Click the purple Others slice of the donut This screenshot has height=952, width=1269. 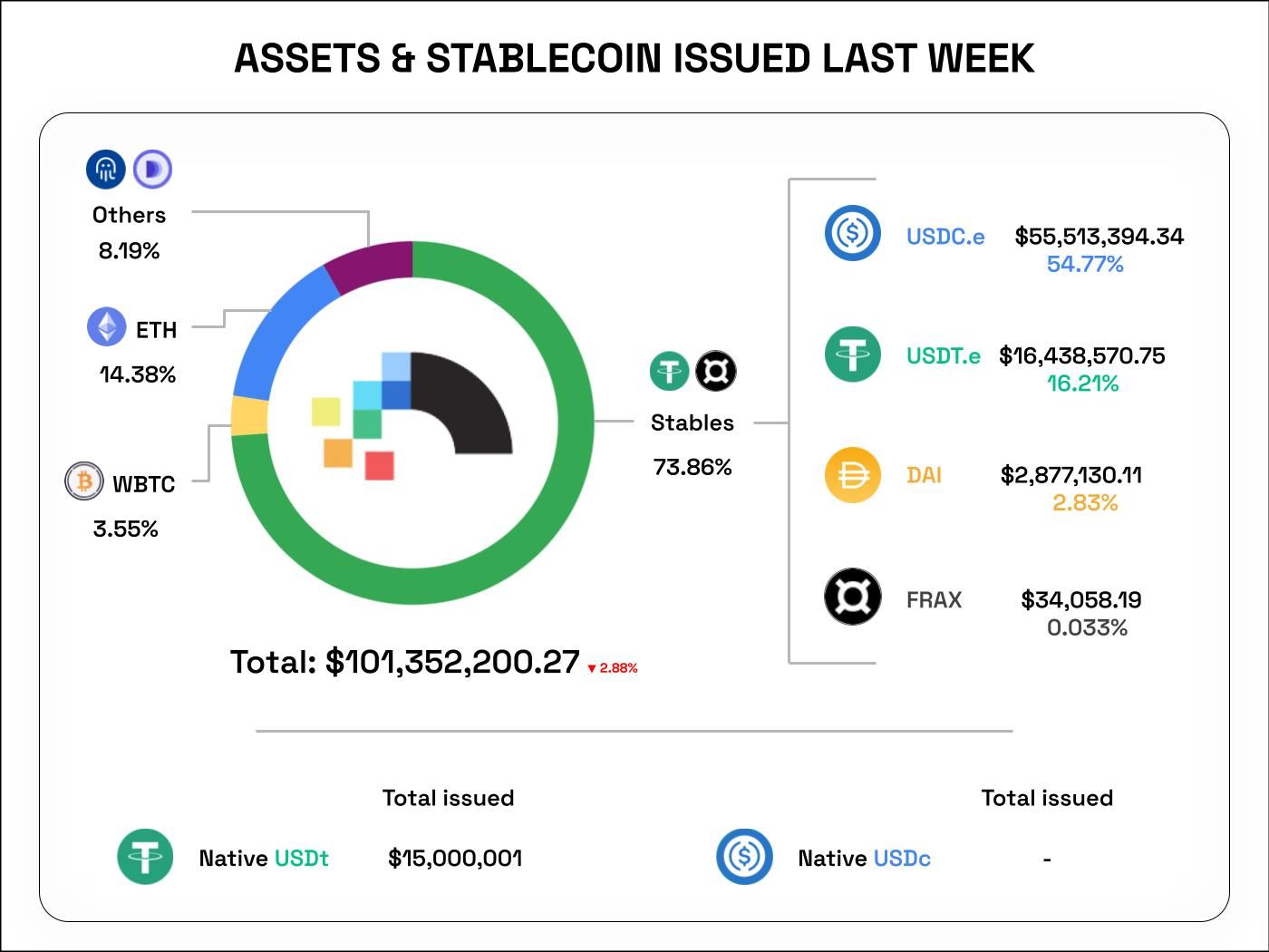[372, 263]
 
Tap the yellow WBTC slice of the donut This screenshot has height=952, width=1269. [249, 416]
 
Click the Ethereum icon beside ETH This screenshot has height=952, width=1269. [106, 326]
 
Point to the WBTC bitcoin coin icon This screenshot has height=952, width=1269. [84, 481]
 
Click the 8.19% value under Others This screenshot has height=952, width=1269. [129, 251]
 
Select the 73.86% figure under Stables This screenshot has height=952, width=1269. [692, 467]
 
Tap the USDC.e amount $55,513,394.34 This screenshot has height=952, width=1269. [1099, 237]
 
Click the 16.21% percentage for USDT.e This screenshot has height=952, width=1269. [1082, 384]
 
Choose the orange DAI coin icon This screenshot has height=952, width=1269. [852, 475]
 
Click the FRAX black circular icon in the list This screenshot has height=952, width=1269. [852, 597]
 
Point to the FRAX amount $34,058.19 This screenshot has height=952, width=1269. [1080, 599]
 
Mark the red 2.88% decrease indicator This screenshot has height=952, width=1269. [614, 668]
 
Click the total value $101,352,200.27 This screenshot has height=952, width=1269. [451, 662]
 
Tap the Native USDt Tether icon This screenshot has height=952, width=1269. [145, 857]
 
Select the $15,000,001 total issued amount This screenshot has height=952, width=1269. [455, 858]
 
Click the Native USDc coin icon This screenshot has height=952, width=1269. [744, 856]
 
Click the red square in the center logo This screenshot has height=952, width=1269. [379, 465]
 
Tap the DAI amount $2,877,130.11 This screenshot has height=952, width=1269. [1070, 475]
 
